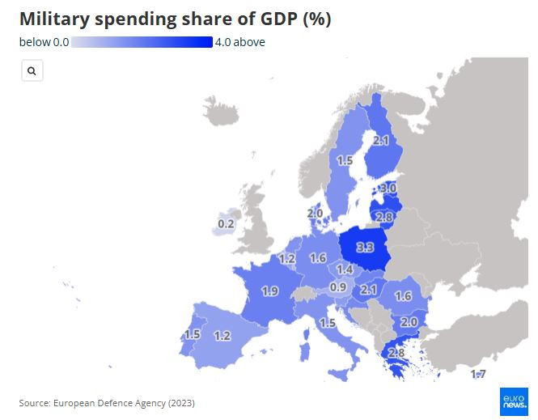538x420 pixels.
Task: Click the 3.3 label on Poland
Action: (x=365, y=247)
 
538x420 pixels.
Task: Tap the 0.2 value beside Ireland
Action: (x=227, y=223)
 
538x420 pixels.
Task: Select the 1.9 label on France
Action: (x=270, y=291)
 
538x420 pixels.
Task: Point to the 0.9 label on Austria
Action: (x=338, y=287)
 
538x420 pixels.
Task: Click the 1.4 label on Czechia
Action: (x=345, y=269)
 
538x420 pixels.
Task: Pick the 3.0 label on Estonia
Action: (x=388, y=189)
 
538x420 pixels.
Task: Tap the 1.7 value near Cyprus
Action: (x=478, y=374)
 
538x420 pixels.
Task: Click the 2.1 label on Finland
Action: (x=381, y=140)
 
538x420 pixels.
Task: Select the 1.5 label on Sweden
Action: (x=345, y=160)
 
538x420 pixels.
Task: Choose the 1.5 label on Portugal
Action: (x=192, y=334)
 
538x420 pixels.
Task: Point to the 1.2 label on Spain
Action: (x=222, y=335)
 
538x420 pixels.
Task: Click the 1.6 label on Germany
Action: (x=318, y=258)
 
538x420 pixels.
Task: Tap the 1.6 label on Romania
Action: (x=403, y=296)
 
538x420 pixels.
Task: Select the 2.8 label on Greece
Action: (x=396, y=352)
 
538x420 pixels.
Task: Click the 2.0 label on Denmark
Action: (x=315, y=214)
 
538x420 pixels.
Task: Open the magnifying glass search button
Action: (x=32, y=71)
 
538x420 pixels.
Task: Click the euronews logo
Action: (x=513, y=401)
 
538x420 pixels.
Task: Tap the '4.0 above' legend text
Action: (x=240, y=42)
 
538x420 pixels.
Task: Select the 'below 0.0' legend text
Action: (x=44, y=42)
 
